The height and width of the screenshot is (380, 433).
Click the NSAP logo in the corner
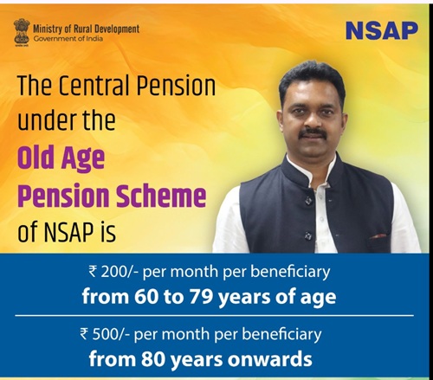[x=382, y=30]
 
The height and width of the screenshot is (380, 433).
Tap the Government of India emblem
[x=22, y=33]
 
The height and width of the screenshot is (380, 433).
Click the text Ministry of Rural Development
[x=87, y=29]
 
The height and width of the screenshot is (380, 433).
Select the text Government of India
[x=68, y=38]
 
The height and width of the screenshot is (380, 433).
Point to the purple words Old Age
[x=61, y=158]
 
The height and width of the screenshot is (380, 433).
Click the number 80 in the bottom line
[x=152, y=359]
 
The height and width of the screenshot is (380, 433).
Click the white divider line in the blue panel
[x=214, y=316]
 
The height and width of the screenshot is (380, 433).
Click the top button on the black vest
[x=308, y=200]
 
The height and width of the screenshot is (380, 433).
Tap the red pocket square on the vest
[x=378, y=236]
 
